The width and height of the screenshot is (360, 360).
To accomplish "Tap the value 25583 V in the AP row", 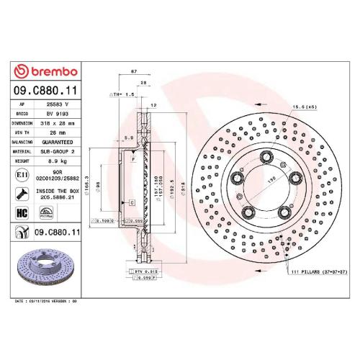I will point(57,105).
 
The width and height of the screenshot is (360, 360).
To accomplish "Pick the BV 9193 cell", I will point(57,114).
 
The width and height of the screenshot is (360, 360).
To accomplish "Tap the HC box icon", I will point(22,213).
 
